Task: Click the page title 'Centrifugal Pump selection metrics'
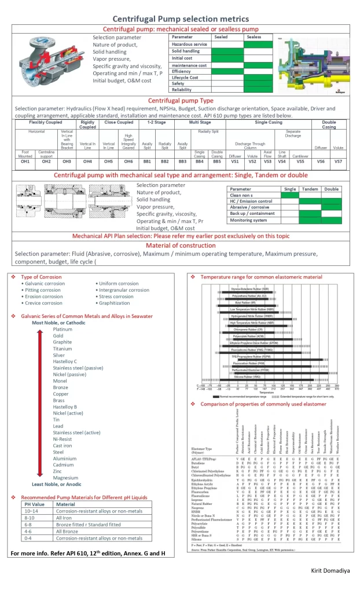[179, 19]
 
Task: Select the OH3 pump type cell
[67, 162]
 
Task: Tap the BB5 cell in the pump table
[217, 162]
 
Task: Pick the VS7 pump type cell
[339, 162]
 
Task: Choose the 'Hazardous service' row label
[189, 44]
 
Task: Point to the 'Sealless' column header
[254, 37]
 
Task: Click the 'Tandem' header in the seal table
[310, 189]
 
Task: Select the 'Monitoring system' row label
[249, 221]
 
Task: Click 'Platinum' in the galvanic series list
[63, 329]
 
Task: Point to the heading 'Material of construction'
[179, 245]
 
